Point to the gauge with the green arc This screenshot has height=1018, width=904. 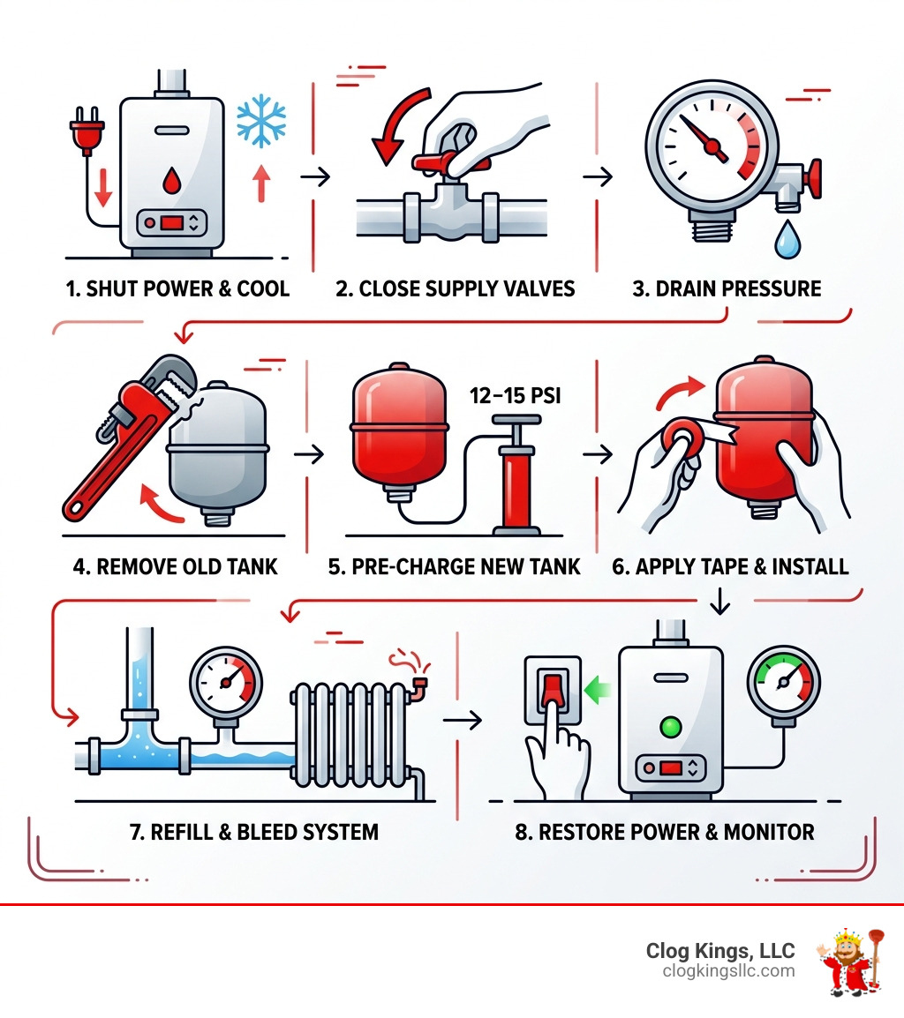pyautogui.click(x=783, y=683)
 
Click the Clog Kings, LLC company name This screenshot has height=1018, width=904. pyautogui.click(x=719, y=951)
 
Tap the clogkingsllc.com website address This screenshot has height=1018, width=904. pyautogui.click(x=727, y=971)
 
